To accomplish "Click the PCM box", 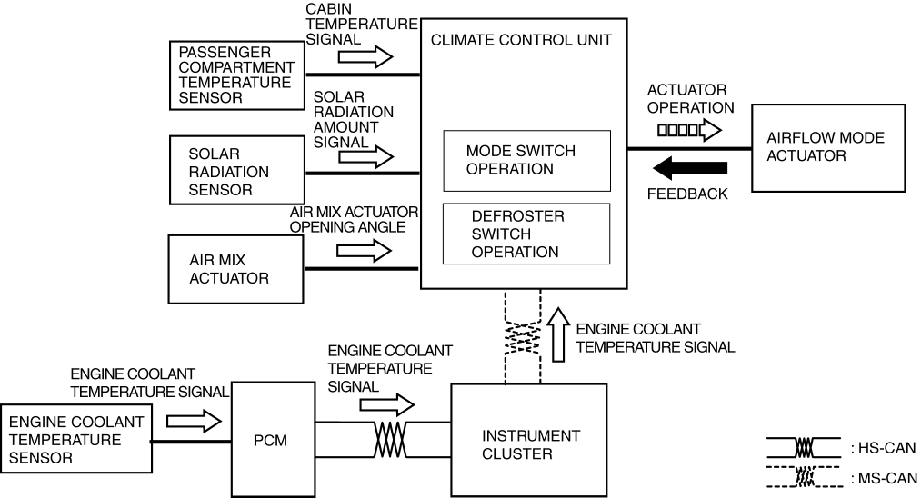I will tap(272, 440).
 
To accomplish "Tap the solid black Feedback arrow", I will tap(691, 168).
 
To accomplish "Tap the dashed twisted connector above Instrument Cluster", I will tap(522, 337).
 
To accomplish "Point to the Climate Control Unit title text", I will tap(521, 39).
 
